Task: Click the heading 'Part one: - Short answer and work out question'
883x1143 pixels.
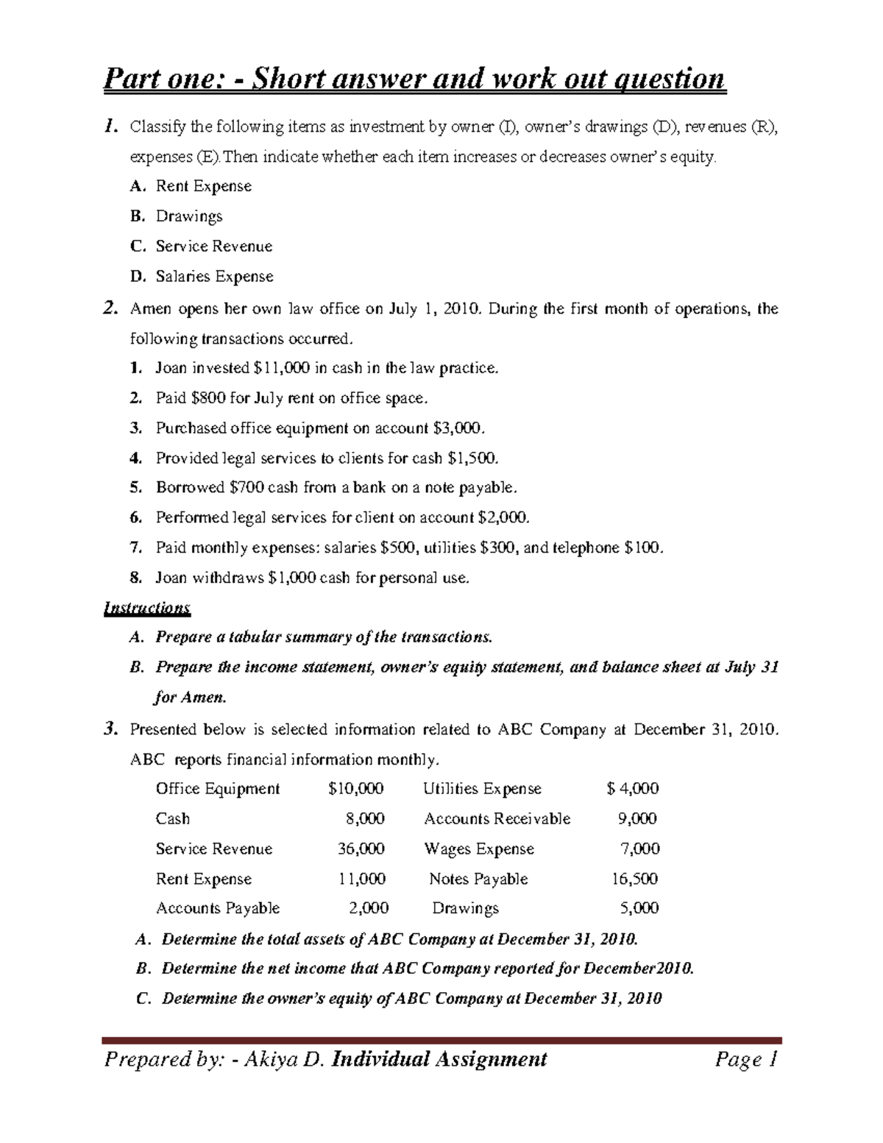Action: coord(414,78)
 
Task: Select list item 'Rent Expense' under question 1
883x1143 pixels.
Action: coord(203,186)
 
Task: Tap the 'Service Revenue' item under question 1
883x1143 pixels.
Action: coord(213,247)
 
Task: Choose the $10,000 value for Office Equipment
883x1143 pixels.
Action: coord(355,789)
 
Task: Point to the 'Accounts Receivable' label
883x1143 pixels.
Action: coord(497,819)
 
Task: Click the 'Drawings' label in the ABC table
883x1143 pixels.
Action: coord(465,908)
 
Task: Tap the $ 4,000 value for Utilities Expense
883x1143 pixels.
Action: coord(633,789)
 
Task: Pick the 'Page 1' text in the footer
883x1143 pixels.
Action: coord(745,1059)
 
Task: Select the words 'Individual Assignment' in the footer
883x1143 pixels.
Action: coord(440,1059)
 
